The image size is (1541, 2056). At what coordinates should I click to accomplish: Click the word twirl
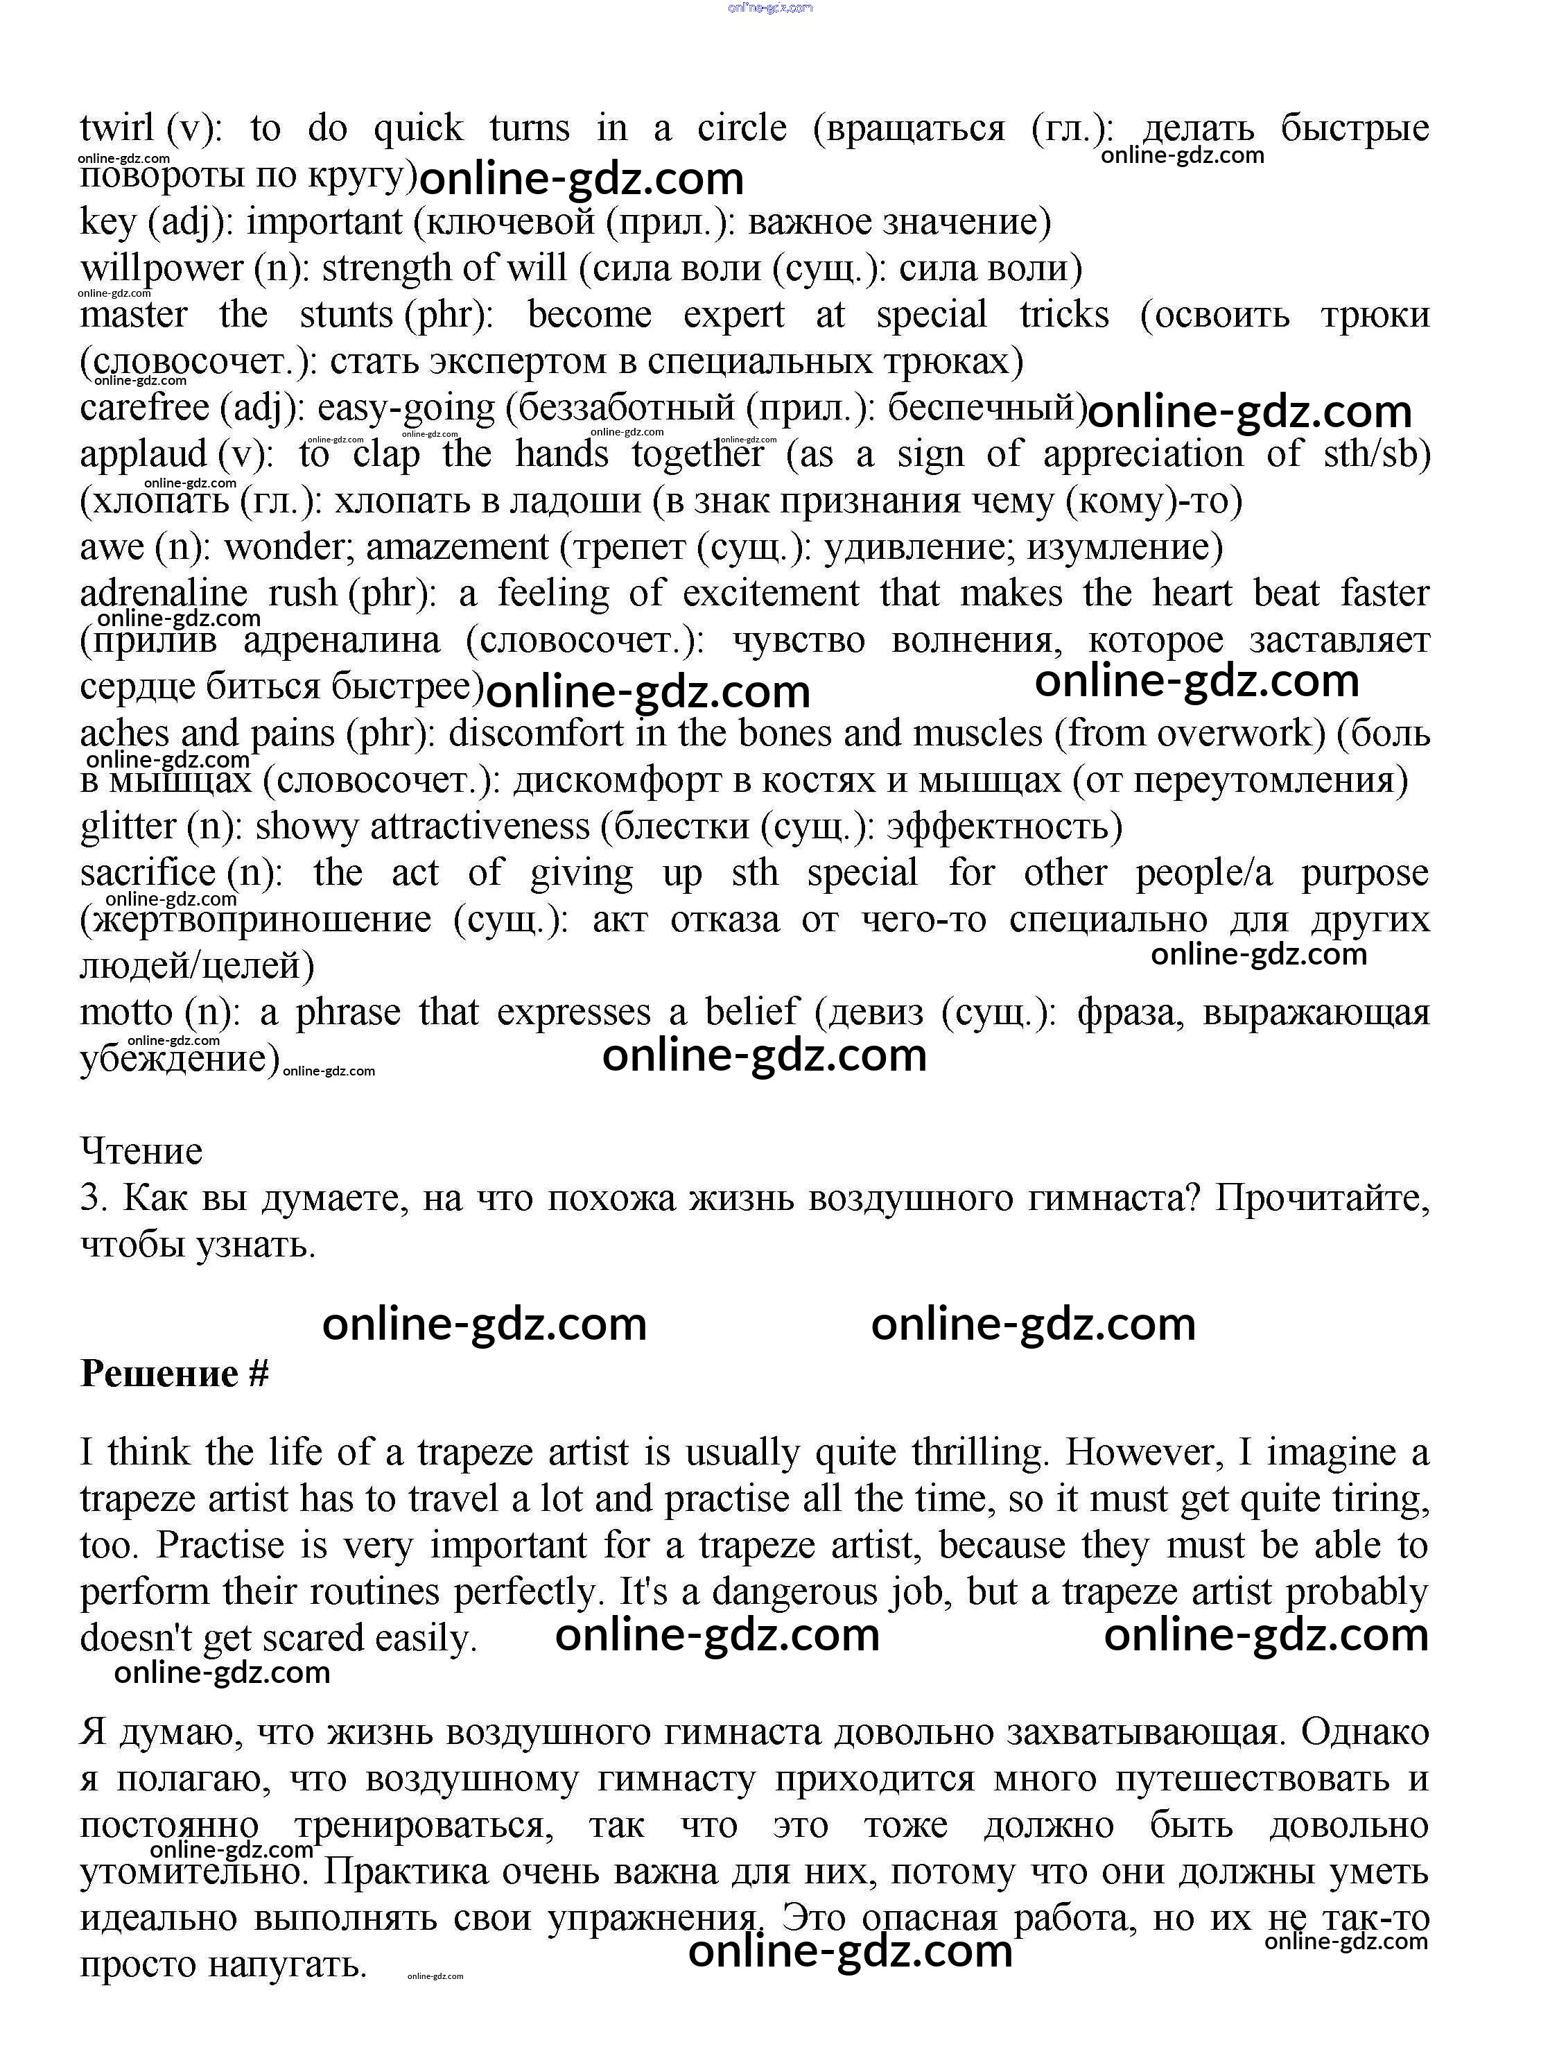click(x=117, y=128)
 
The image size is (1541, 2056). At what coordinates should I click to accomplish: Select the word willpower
click(x=162, y=268)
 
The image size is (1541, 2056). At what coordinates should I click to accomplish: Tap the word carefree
click(x=144, y=408)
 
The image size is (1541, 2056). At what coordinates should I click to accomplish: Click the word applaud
click(x=143, y=454)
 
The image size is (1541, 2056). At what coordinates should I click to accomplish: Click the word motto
click(x=126, y=1012)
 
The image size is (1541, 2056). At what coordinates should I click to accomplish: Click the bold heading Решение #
click(x=175, y=1374)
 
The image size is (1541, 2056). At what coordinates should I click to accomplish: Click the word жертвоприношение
click(x=256, y=919)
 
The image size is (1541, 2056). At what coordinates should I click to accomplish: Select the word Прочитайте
click(x=1322, y=1198)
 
